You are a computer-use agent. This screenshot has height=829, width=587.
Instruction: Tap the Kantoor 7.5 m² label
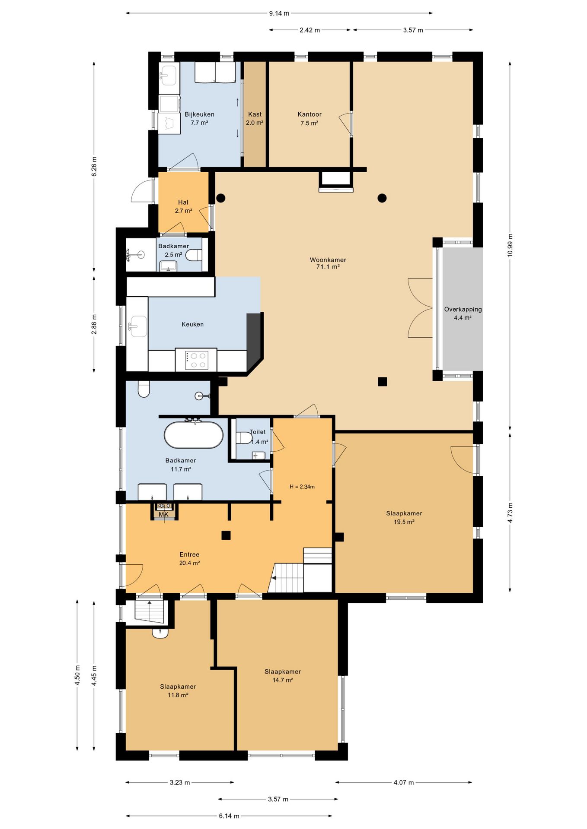pos(309,119)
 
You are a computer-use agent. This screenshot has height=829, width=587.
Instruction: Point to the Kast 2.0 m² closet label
pos(255,118)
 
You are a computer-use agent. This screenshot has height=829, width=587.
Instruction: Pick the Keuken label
pos(192,324)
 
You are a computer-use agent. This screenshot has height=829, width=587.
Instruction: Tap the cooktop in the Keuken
pos(196,360)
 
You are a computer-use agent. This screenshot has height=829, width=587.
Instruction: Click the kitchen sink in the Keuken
pos(138,326)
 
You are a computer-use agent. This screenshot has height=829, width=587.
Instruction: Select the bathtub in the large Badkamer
pos(194,435)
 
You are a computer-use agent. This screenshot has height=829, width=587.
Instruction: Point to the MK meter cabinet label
pos(163,515)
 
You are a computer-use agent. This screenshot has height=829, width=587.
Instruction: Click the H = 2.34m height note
pos(302,487)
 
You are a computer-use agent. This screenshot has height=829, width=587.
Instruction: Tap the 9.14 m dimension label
pos(279,13)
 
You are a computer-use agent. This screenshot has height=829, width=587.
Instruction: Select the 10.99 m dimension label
pos(510,245)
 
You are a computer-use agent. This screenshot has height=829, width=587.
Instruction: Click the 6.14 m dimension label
pos(229,816)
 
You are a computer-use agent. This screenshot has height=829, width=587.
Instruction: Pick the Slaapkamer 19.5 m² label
pos(404,518)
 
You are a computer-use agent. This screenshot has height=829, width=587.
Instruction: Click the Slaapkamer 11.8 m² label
pos(178,691)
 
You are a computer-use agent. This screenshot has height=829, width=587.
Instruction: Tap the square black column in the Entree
pos(226,535)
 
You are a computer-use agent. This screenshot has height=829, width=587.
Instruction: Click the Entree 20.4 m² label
pos(189,559)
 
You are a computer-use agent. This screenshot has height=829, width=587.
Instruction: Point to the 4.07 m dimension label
pos(404,782)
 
